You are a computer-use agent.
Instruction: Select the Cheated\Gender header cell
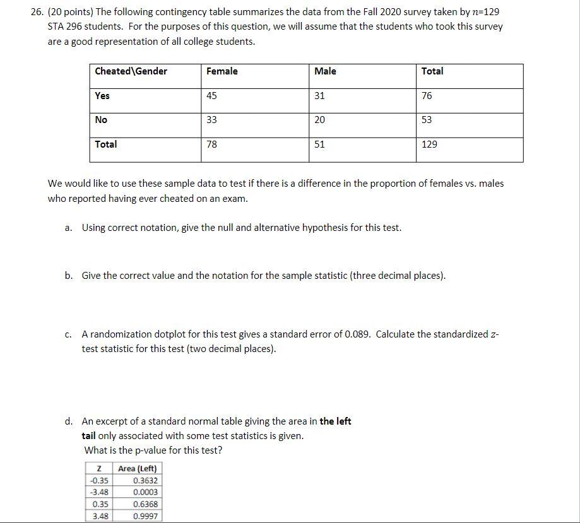coord(131,71)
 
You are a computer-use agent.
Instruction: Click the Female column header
coord(222,71)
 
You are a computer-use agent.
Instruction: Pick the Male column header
coord(325,71)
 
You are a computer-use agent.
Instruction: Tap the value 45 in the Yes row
coord(212,96)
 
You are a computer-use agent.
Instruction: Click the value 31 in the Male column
coord(319,96)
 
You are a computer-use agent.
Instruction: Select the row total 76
coord(427,96)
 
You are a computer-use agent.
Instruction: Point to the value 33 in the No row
coord(212,120)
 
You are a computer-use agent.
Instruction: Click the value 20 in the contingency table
coord(320,120)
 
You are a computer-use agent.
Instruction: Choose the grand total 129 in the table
coord(429,144)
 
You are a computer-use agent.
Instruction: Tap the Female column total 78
coord(212,144)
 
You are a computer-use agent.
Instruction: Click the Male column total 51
coord(319,144)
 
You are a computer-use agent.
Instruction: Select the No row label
coord(101,120)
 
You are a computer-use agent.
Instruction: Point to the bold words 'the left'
coord(335,421)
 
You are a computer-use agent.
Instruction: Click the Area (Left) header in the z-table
coord(137,469)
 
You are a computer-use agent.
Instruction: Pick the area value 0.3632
coord(146,481)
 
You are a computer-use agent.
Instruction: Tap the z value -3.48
coord(98,492)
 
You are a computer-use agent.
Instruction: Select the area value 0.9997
coord(146,516)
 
